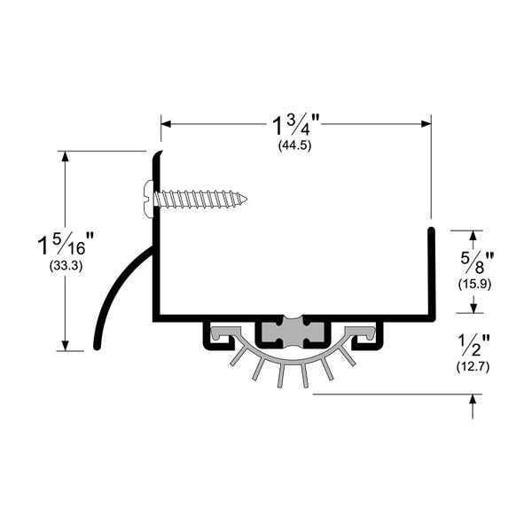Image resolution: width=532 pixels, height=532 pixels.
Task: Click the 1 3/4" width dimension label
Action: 296,125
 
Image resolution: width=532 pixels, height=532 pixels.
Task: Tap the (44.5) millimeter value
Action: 295,146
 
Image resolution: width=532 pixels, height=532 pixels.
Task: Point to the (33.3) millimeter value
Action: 66,266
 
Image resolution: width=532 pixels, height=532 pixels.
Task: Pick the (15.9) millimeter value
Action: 474,285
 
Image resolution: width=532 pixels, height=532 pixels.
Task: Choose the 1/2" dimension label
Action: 473,345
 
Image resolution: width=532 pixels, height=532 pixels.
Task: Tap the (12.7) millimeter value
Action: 473,367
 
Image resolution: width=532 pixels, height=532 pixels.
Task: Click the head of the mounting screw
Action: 149,199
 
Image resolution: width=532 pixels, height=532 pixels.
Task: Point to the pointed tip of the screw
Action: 246,199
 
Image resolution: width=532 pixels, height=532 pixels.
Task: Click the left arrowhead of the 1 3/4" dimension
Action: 166,124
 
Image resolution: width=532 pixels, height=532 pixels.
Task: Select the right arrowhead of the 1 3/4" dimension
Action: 426,124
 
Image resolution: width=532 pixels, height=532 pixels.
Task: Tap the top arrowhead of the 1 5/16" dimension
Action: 65,156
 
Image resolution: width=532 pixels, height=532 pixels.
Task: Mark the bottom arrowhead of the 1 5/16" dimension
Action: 65,346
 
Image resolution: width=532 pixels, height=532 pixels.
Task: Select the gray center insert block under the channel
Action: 293,332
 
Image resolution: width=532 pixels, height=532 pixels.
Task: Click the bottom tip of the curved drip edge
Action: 97,347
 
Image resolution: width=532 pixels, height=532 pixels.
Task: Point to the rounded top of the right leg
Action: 431,231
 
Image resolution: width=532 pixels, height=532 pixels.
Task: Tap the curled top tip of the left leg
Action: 160,153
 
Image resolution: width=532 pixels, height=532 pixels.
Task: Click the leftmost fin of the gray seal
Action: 236,357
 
